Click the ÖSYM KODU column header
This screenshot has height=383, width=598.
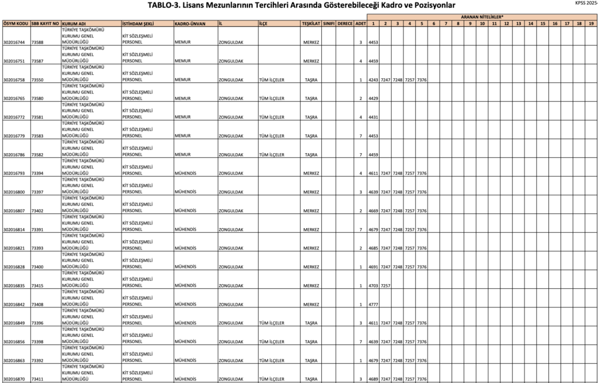15,23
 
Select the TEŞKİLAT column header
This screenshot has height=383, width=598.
311,23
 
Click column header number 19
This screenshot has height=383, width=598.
591,23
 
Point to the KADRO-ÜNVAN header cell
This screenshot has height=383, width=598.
190,23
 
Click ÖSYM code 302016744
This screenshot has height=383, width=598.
14,42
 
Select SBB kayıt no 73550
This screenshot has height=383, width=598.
37,80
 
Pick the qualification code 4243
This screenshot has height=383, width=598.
373,80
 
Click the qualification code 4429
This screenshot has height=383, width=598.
373,98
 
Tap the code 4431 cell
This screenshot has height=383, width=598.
373,117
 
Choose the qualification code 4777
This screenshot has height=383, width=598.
373,304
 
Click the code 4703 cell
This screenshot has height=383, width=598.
373,285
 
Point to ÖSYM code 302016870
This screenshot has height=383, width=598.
14,379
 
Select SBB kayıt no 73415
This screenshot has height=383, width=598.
37,285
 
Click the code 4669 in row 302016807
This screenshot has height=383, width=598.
373,211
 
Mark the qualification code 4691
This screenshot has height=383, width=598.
373,267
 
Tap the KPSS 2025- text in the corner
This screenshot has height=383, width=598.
586,4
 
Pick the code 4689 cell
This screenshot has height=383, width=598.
373,379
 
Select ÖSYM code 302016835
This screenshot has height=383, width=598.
14,285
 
